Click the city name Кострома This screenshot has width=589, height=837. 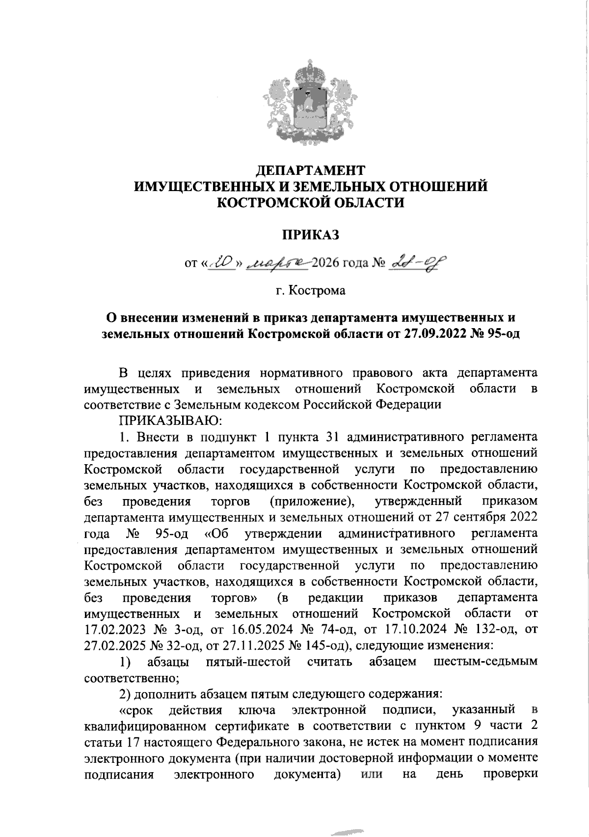pyautogui.click(x=317, y=291)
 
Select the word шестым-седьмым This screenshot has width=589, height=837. pyautogui.click(x=485, y=662)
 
